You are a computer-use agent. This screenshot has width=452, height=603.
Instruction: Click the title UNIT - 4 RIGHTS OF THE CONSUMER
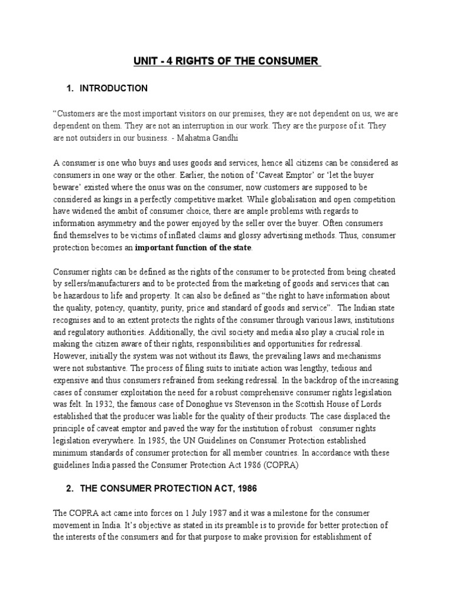[226, 61]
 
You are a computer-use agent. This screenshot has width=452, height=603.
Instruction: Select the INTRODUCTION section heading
[114, 88]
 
